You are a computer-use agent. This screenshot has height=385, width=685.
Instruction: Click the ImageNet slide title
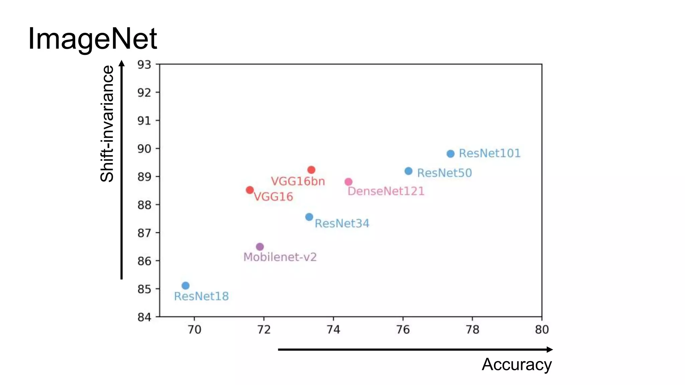pyautogui.click(x=92, y=39)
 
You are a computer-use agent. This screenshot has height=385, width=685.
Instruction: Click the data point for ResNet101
pyautogui.click(x=451, y=154)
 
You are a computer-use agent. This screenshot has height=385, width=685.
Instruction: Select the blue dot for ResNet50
pyautogui.click(x=408, y=171)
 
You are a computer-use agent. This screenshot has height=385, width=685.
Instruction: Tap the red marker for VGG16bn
pyautogui.click(x=311, y=170)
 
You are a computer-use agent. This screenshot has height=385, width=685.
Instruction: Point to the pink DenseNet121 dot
pyautogui.click(x=349, y=182)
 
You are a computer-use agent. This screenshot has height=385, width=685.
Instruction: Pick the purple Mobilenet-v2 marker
pyautogui.click(x=260, y=247)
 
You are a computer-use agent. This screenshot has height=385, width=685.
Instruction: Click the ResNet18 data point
pyautogui.click(x=186, y=285)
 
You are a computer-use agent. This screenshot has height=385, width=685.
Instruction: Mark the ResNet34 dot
pyautogui.click(x=309, y=217)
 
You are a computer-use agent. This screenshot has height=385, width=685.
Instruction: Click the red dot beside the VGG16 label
pyautogui.click(x=250, y=190)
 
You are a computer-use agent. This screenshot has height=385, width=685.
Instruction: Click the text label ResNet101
pyautogui.click(x=490, y=153)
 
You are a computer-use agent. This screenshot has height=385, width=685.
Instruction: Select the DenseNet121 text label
pyautogui.click(x=386, y=191)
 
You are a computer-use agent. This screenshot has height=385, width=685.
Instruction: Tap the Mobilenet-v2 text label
pyautogui.click(x=280, y=257)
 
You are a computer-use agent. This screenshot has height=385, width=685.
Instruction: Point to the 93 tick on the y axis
pyautogui.click(x=144, y=65)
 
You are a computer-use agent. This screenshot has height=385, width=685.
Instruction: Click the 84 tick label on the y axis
pyautogui.click(x=144, y=317)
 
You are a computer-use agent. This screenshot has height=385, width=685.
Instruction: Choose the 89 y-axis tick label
pyautogui.click(x=144, y=177)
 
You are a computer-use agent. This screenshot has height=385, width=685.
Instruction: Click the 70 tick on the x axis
pyautogui.click(x=194, y=330)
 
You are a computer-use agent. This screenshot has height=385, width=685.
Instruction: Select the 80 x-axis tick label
pyautogui.click(x=542, y=330)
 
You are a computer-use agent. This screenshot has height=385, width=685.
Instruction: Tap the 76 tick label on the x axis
pyautogui.click(x=403, y=330)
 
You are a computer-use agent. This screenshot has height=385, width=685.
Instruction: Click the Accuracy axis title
pyautogui.click(x=516, y=364)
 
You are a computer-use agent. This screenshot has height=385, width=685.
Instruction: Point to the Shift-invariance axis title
pyautogui.click(x=107, y=124)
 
